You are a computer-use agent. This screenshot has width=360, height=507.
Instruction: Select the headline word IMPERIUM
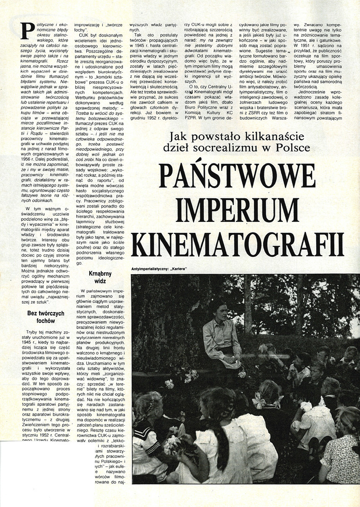point(237,208)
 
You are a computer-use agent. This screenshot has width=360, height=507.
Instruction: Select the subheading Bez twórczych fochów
point(45,316)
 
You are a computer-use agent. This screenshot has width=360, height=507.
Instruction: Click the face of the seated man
point(219,311)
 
